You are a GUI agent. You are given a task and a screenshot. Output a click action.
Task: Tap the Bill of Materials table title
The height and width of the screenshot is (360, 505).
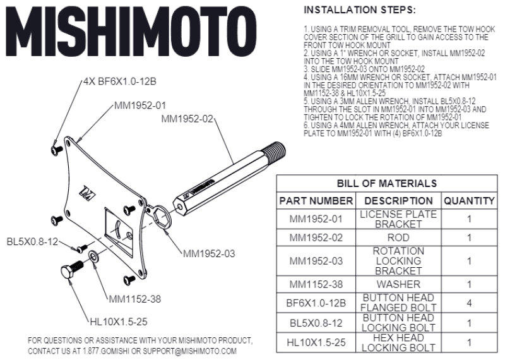tap(386, 183)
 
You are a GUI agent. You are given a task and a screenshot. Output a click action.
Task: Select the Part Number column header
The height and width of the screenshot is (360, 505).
tap(316, 201)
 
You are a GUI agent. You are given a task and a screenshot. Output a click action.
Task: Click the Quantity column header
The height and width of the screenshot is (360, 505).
tap(468, 201)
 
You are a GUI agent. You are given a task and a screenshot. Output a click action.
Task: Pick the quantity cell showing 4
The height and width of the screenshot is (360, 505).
tap(468, 303)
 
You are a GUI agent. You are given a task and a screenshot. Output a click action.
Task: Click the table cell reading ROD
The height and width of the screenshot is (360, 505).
tap(398, 238)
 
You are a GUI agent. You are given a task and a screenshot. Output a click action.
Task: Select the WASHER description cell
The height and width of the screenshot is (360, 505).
tap(398, 284)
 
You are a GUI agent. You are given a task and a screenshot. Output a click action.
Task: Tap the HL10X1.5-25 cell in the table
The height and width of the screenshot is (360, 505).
tap(316, 343)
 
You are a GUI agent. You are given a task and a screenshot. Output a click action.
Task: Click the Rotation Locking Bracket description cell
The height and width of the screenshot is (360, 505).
tap(398, 260)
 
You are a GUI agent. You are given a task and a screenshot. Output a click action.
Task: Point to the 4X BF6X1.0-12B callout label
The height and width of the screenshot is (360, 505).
tap(120, 83)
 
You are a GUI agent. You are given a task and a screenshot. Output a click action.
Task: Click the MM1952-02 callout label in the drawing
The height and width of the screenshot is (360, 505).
tap(187, 119)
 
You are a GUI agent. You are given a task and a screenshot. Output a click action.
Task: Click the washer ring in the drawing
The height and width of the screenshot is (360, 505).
tap(93, 256)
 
